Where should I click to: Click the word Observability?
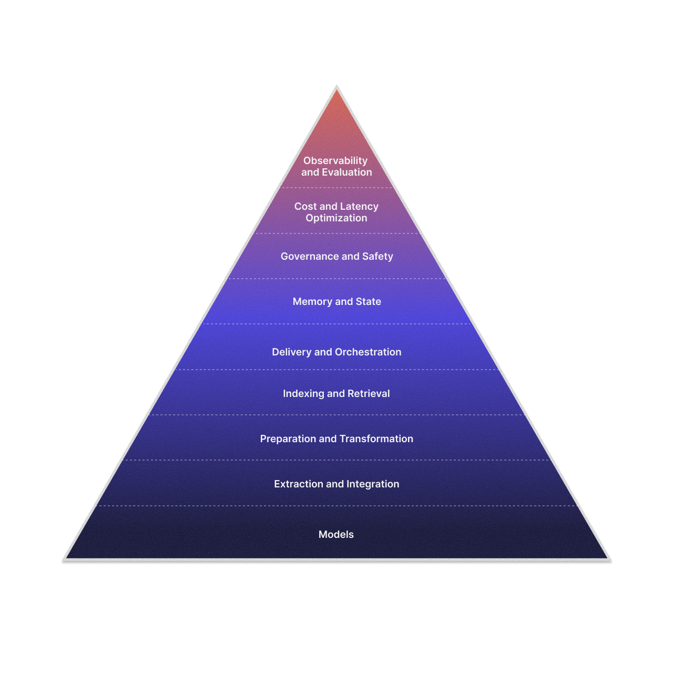pyautogui.click(x=335, y=161)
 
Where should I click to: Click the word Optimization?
pyautogui.click(x=336, y=218)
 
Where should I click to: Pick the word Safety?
pyautogui.click(x=378, y=257)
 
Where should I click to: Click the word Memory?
pyautogui.click(x=312, y=302)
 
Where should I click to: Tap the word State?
pyautogui.click(x=368, y=302)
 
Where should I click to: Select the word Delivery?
pyautogui.click(x=291, y=352)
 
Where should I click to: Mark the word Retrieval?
pyautogui.click(x=369, y=394)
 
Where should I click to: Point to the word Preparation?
pyautogui.click(x=288, y=439)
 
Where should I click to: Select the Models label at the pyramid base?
pyautogui.click(x=336, y=535)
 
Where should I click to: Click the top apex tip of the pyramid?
pyautogui.click(x=336, y=86)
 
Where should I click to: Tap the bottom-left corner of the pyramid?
pyautogui.click(x=63, y=560)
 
